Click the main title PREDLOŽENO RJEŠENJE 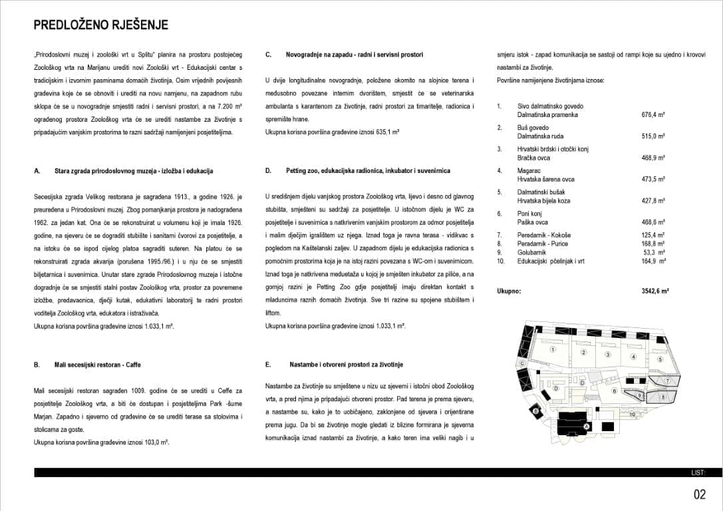101,25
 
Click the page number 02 699,494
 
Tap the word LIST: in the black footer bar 697,473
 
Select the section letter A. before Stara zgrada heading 37,171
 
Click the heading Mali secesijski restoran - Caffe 98,365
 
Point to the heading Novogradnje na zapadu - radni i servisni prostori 355,55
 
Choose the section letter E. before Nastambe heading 268,365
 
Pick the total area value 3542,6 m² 654,291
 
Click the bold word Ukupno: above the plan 509,291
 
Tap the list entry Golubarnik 532,253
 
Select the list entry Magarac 528,171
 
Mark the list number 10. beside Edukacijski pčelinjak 501,261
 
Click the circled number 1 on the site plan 553,349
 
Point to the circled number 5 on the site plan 660,359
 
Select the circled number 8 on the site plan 663,397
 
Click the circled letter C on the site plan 522,364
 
